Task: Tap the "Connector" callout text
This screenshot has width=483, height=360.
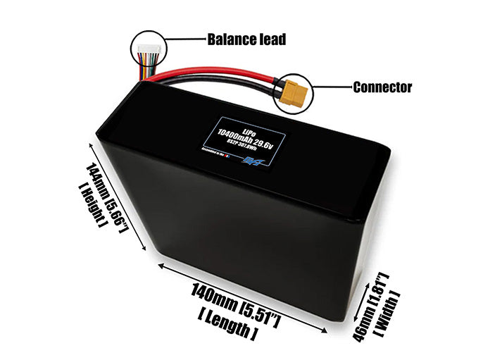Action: [382, 87]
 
